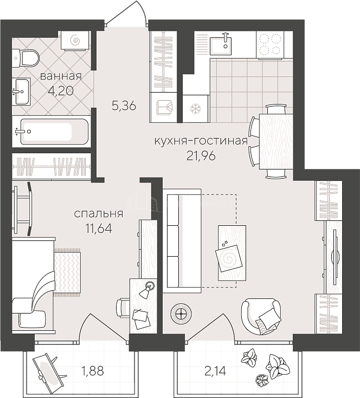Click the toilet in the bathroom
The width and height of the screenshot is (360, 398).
(x=26, y=58)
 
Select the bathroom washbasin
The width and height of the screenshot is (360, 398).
(x=21, y=92)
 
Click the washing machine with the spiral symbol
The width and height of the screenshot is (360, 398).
(x=75, y=40)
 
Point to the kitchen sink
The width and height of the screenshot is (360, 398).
(x=221, y=45)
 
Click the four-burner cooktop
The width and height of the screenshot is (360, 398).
(x=270, y=44)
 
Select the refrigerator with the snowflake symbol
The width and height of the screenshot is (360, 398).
(x=196, y=109)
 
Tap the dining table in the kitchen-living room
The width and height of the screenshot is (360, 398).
(x=276, y=141)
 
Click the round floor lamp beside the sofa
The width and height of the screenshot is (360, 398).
(x=181, y=314)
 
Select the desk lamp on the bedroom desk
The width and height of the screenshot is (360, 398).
(x=146, y=289)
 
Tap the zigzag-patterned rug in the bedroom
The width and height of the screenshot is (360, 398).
(x=67, y=272)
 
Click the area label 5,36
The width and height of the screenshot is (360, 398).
(x=124, y=106)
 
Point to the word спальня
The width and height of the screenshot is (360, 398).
(x=99, y=214)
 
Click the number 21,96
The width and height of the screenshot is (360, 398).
(x=201, y=155)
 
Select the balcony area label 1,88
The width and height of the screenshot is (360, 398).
(x=93, y=371)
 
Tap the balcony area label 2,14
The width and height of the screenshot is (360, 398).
(x=215, y=371)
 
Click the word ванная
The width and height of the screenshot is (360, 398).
(x=61, y=76)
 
